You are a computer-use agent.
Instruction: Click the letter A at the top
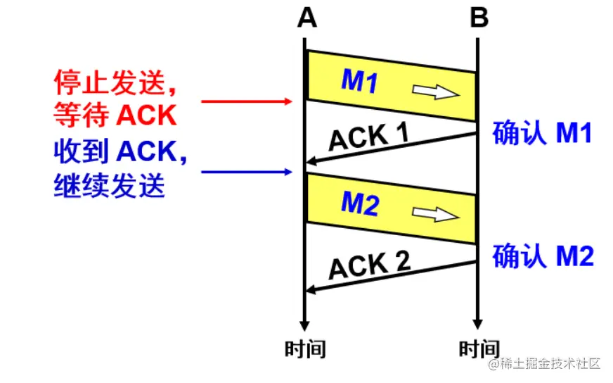coord(306,18)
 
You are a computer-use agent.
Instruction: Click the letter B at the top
coord(479,18)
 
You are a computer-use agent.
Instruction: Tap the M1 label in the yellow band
coord(360,82)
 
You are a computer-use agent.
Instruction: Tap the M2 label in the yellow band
coord(360,204)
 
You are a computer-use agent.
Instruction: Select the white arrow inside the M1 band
coord(437,92)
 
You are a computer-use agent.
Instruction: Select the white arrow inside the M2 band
coord(437,213)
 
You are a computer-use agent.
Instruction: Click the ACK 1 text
coord(369,135)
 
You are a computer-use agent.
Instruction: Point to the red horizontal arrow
coord(246,102)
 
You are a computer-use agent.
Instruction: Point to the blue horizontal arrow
coord(246,172)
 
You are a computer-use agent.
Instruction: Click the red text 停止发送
coord(112,84)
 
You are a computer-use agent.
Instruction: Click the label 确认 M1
coord(543,133)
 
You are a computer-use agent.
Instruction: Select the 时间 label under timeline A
coord(305,349)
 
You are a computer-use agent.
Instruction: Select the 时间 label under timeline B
coord(479,349)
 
